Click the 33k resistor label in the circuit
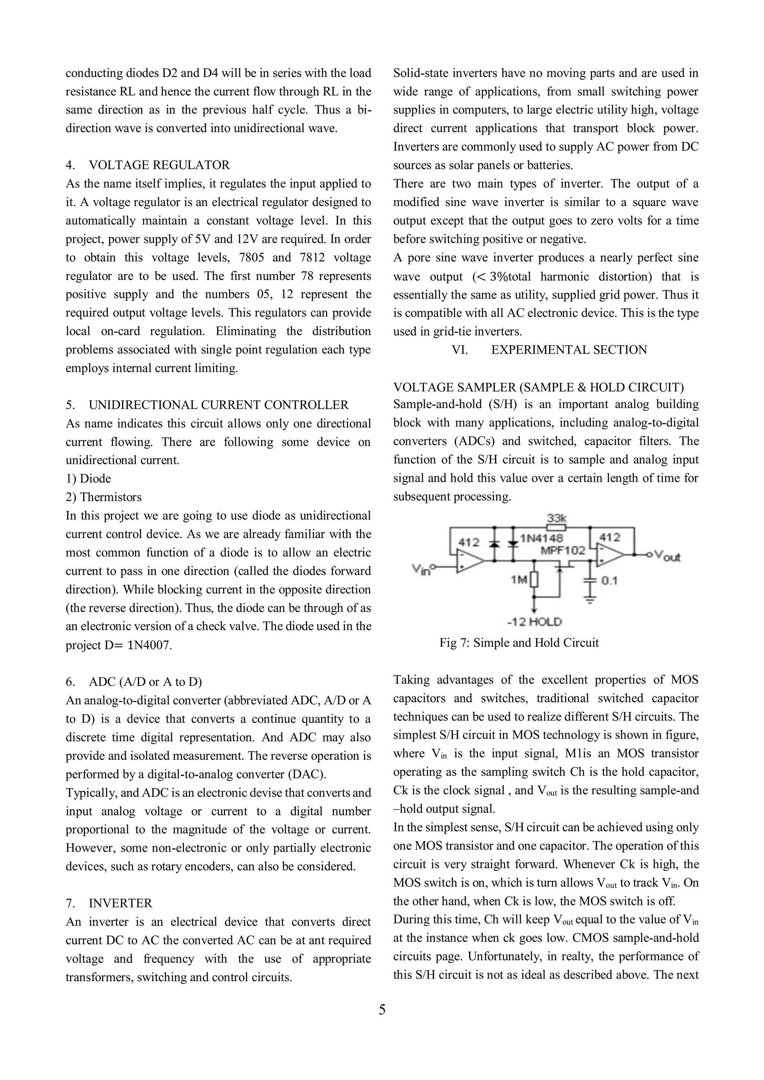click(x=557, y=518)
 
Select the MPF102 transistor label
click(x=563, y=550)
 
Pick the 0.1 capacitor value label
click(x=609, y=581)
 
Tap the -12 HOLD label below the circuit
click(x=534, y=622)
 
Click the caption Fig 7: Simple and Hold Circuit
click(x=519, y=643)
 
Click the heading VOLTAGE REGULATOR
click(x=159, y=165)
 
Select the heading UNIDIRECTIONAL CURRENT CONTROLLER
click(x=219, y=405)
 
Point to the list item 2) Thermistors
click(x=104, y=497)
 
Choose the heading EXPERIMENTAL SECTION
click(x=569, y=350)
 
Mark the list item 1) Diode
click(x=88, y=479)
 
